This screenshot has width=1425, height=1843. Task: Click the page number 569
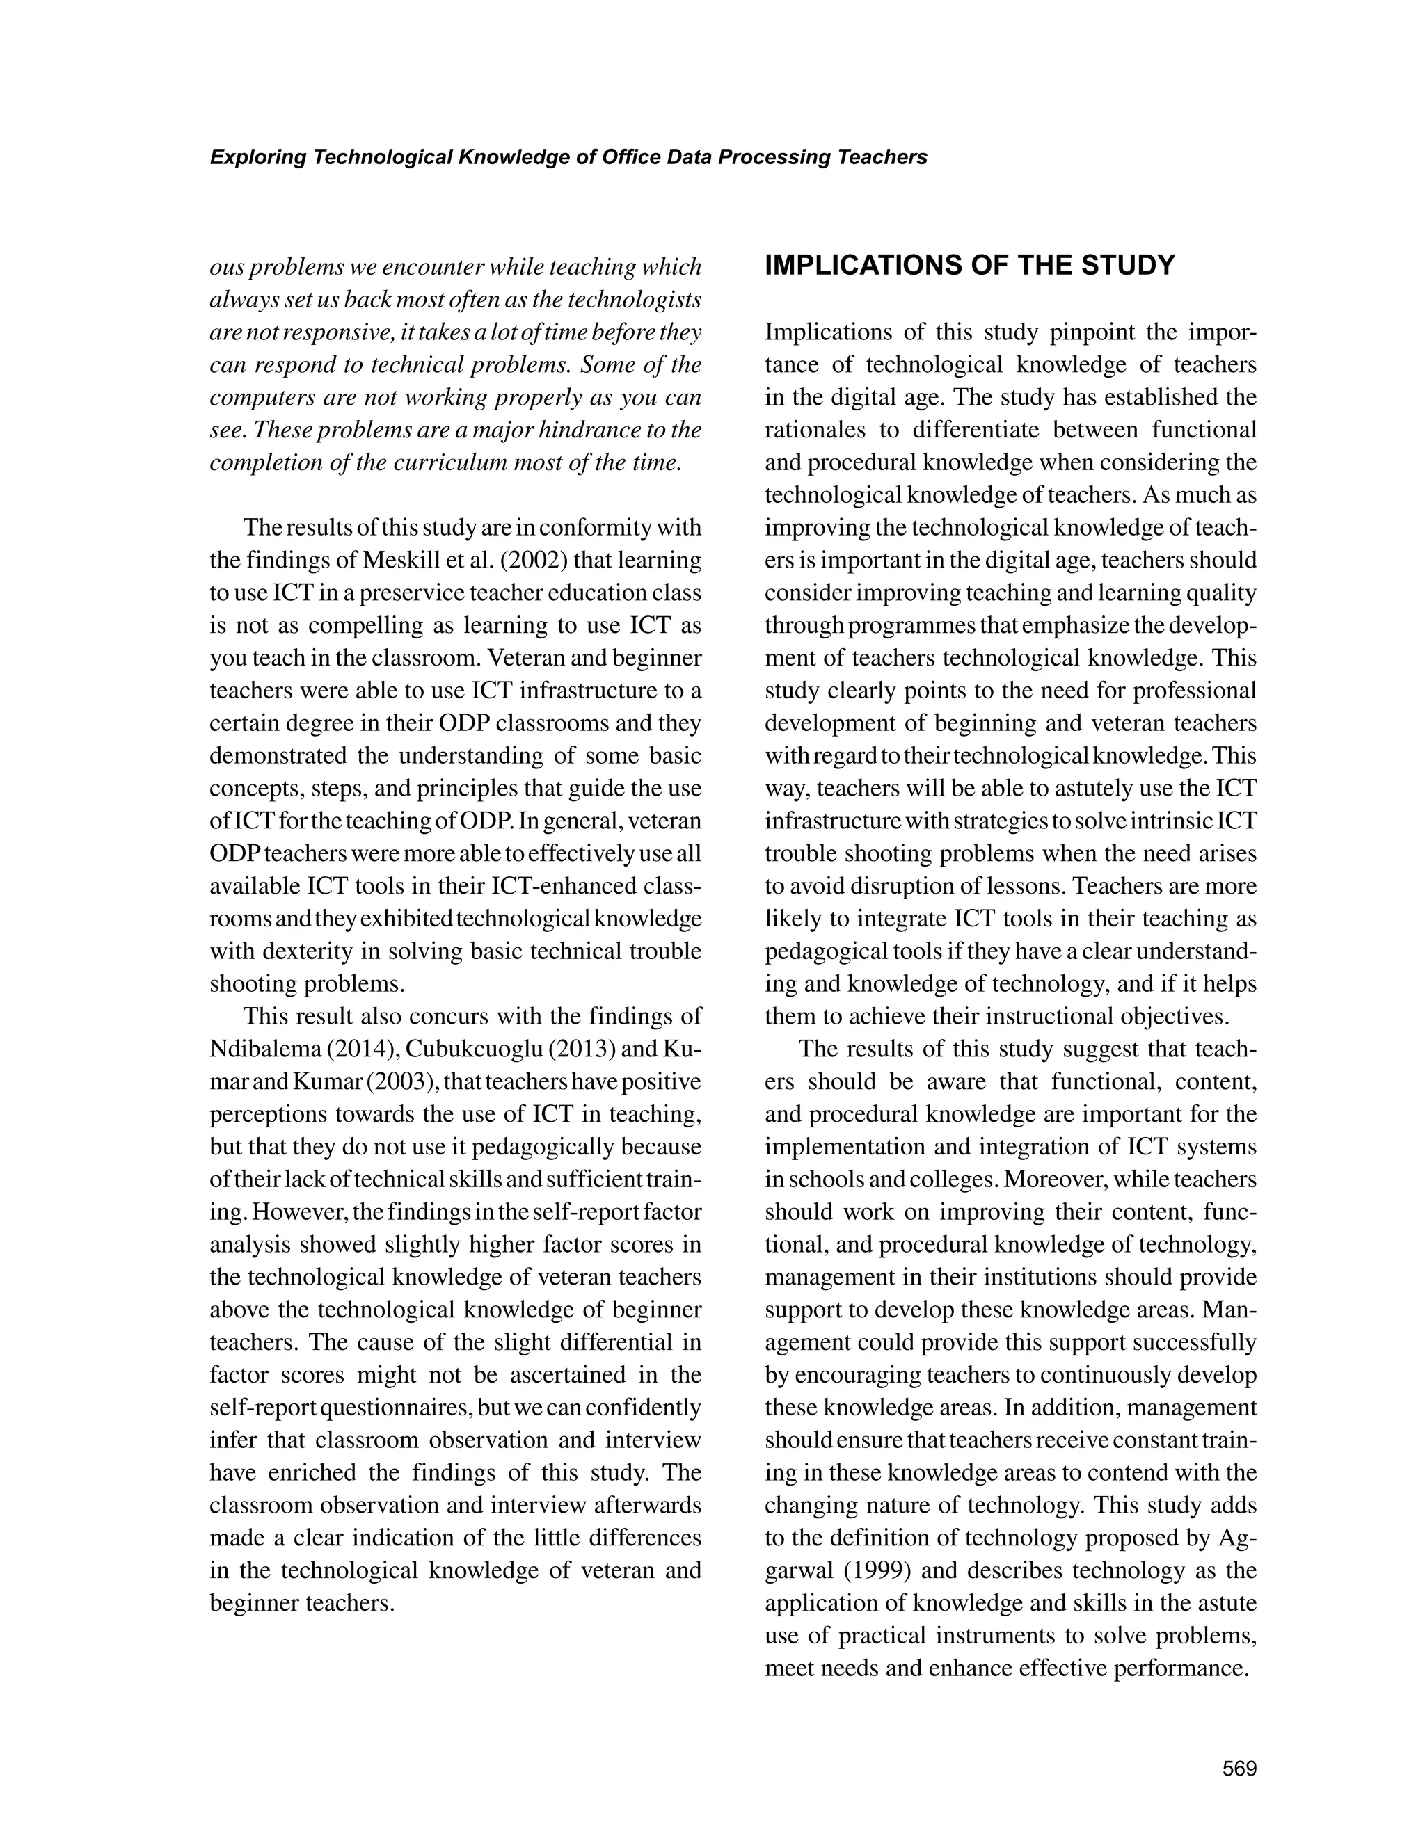[1239, 1769]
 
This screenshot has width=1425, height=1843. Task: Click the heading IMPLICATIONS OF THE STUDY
[970, 266]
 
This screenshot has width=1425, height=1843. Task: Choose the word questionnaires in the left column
[395, 1408]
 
